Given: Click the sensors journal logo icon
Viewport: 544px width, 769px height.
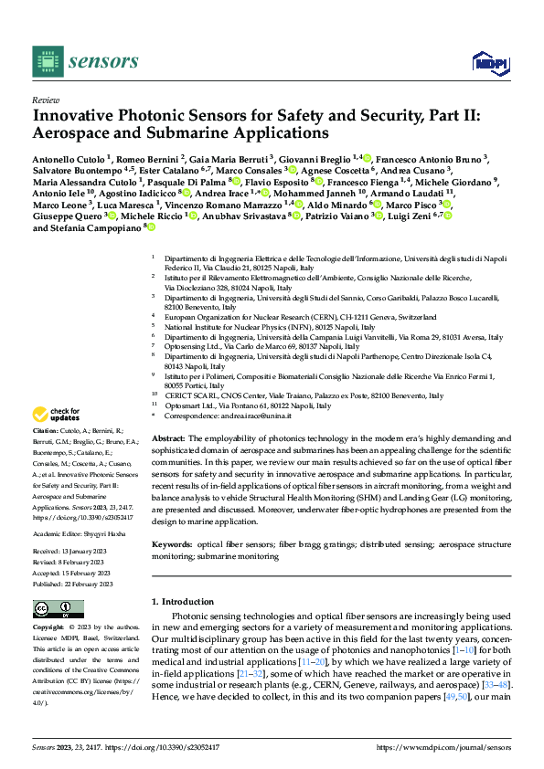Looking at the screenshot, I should click(46, 62).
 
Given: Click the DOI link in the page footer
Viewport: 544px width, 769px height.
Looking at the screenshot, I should click(162, 746).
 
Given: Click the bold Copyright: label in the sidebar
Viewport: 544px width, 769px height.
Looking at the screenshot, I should click(49, 628).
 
